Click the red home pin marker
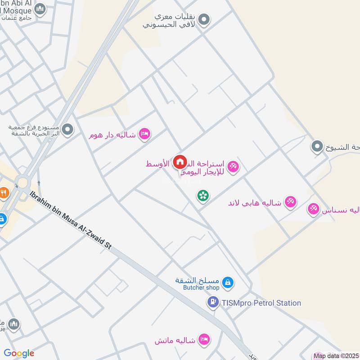click(x=180, y=162)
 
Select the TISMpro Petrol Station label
click(x=261, y=303)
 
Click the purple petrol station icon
click(x=213, y=303)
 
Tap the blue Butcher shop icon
click(x=228, y=283)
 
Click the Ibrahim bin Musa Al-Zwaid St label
click(x=71, y=219)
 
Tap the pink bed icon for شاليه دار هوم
click(x=144, y=134)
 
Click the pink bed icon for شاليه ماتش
click(x=204, y=338)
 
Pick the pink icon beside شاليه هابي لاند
click(x=291, y=202)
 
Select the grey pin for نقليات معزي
click(x=205, y=20)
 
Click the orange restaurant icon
click(x=4, y=193)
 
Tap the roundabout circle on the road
click(x=21, y=182)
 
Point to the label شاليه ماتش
click(x=175, y=340)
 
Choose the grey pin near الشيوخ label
click(x=317, y=146)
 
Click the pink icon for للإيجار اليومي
click(x=233, y=167)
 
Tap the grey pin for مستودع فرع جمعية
click(x=67, y=130)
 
